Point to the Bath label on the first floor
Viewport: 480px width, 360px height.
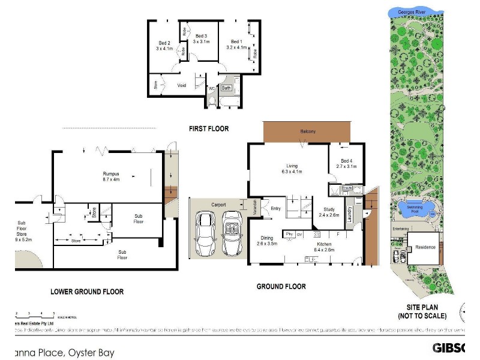pyautogui.click(x=226, y=88)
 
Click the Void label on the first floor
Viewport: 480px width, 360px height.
pyautogui.click(x=182, y=85)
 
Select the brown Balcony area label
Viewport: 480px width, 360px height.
pyautogui.click(x=307, y=131)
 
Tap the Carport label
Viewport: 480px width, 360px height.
pyautogui.click(x=218, y=205)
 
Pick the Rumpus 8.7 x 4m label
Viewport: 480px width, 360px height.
pyautogui.click(x=111, y=176)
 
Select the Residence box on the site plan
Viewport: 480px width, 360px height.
pyautogui.click(x=425, y=247)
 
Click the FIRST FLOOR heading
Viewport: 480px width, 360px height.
pyautogui.click(x=209, y=128)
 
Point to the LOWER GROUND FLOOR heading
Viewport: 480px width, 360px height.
pyautogui.click(x=86, y=292)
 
